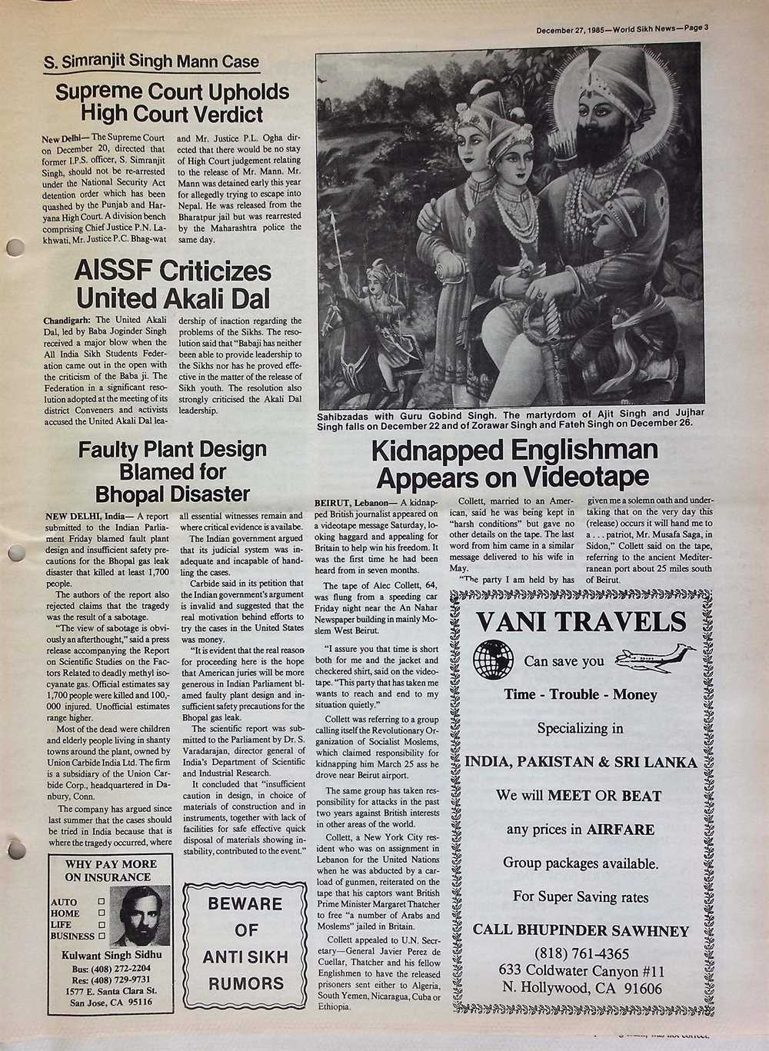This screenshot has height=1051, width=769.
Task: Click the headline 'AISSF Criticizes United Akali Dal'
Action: point(173,283)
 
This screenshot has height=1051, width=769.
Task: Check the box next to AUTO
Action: point(101,901)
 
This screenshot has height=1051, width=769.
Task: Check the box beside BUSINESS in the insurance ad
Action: point(101,936)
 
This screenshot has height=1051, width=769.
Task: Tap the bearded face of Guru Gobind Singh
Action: point(608,127)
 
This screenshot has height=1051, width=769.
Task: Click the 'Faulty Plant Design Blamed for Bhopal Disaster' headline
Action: point(173,471)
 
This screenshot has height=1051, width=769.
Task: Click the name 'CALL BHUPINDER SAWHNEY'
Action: point(581,930)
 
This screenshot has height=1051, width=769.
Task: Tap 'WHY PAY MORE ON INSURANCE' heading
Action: point(111,870)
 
